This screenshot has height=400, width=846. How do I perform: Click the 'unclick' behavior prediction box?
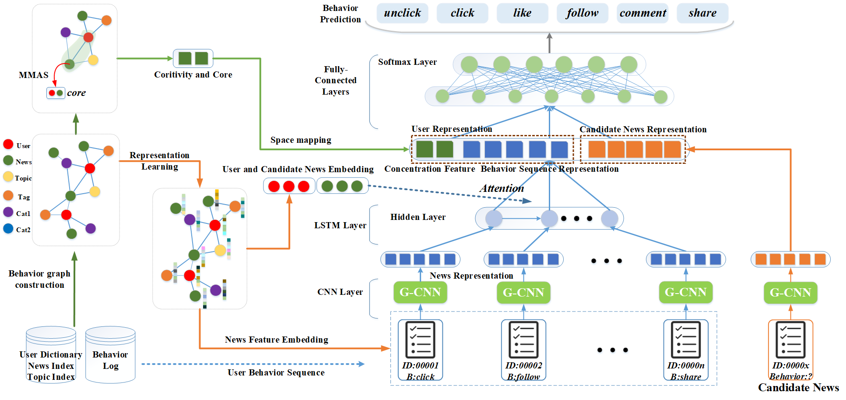tap(402, 13)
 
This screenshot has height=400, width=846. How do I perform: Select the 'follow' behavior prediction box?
tap(582, 13)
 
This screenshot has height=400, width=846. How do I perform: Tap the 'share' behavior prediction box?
tap(702, 13)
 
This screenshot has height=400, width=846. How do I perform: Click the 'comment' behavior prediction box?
tap(642, 13)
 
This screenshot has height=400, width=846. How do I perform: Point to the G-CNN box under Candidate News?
tap(790, 293)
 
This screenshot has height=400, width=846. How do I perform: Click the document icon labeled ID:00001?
tap(420, 340)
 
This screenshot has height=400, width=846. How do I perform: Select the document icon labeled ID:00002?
tap(523, 340)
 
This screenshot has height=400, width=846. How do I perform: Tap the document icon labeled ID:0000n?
tap(685, 340)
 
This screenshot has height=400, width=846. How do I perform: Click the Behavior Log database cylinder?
tap(110, 354)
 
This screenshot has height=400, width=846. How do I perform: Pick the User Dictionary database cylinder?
tap(51, 354)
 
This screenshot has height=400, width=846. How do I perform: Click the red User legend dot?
tap(8, 144)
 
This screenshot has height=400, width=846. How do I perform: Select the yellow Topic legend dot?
tap(8, 177)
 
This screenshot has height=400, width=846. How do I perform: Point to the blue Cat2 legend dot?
tap(8, 228)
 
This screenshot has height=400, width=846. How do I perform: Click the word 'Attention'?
tap(502, 188)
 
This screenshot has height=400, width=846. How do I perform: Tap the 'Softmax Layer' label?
tap(407, 62)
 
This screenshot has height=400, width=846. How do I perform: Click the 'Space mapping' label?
tap(301, 140)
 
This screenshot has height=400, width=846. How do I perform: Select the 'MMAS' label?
tap(34, 75)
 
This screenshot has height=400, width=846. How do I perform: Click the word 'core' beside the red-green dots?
tap(76, 93)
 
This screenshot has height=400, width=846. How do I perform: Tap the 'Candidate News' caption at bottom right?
tap(798, 388)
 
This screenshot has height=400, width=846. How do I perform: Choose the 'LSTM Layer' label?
tap(340, 226)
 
